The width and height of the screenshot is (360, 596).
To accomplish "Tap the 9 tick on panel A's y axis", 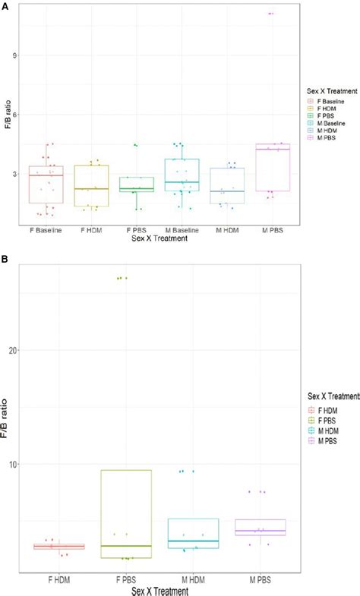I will [15, 55].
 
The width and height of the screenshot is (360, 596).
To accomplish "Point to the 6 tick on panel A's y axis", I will [15, 115].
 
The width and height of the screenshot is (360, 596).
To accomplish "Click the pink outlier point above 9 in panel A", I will [270, 14].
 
